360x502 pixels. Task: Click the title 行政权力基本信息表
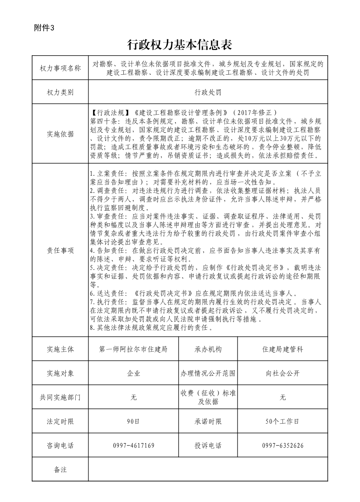point(180,45)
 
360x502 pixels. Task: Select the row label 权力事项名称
point(60,68)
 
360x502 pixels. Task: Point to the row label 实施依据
point(60,134)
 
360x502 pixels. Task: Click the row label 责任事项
point(60,251)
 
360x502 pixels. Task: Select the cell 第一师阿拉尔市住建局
point(133,349)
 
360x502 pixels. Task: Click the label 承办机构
point(208,349)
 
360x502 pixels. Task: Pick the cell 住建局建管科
point(282,349)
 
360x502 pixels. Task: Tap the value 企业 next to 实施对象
point(133,373)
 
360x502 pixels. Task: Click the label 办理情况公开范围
point(208,373)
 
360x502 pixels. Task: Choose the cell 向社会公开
point(282,373)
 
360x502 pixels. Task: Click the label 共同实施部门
point(60,397)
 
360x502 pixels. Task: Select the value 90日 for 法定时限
point(133,421)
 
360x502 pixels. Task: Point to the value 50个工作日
point(282,421)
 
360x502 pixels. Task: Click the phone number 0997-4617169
point(133,445)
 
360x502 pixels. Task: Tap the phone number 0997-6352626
point(282,445)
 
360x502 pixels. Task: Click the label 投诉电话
point(208,445)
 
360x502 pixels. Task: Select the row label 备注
point(60,469)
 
